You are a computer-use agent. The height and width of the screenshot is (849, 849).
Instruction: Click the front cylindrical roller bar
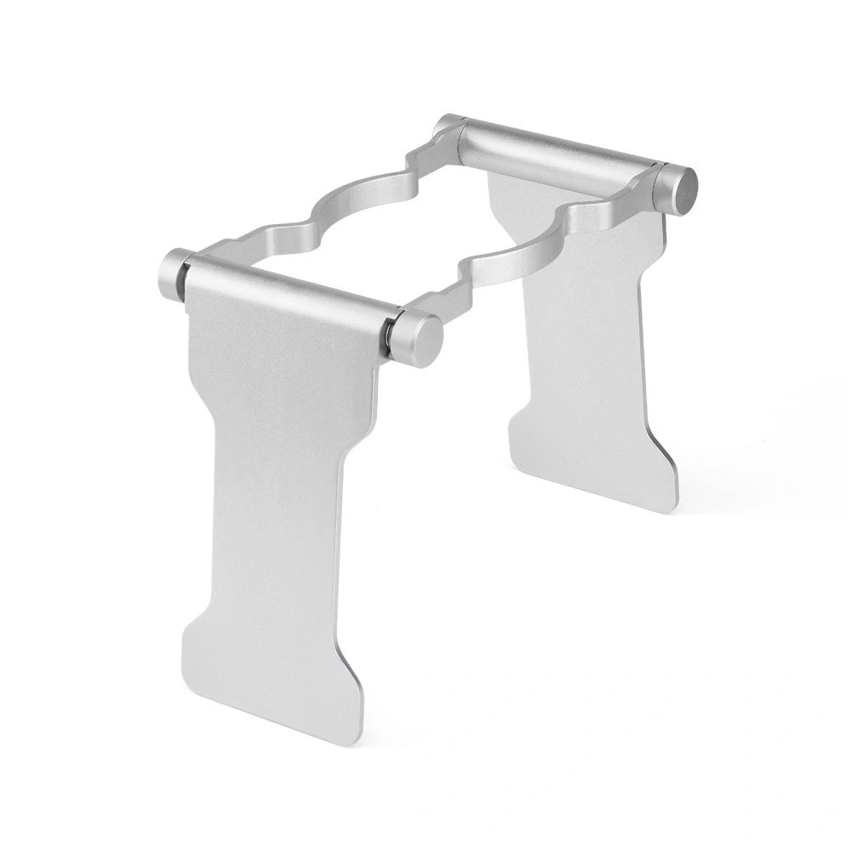coord(289,294)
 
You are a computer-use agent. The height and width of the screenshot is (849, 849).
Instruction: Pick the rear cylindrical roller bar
coord(560,153)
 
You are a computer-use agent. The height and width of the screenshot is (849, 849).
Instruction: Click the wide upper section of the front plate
coord(272,357)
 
